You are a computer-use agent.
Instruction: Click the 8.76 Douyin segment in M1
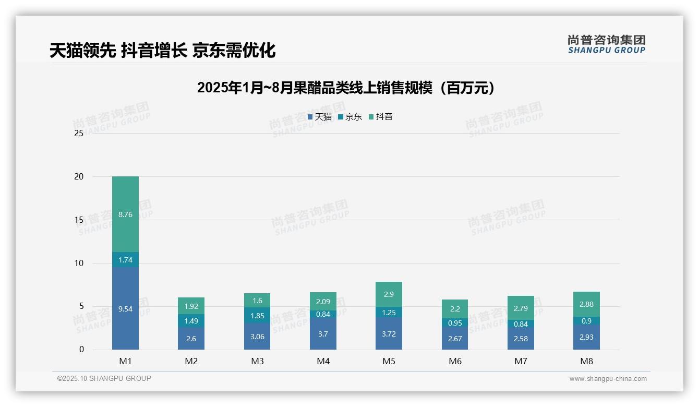coord(125,214)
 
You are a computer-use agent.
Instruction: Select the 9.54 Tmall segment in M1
coord(125,308)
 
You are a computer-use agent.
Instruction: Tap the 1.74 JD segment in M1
coord(125,259)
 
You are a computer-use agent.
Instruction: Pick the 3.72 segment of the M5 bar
coord(389,333)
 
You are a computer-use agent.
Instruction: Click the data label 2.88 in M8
coord(586,304)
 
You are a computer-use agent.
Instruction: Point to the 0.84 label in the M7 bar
coord(521,324)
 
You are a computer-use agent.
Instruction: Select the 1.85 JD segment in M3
coord(257,315)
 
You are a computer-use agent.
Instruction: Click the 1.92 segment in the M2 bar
coord(191,306)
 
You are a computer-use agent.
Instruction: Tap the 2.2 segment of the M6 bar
coord(455,308)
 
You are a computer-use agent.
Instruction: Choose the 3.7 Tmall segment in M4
coord(323,333)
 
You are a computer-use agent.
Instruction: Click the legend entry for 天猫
coord(320,117)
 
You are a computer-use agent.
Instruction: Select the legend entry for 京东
coord(350,117)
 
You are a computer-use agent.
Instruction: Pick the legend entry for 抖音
coord(381,117)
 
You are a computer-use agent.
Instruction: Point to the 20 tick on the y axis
coord(78,176)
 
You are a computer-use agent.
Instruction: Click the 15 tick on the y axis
coord(78,220)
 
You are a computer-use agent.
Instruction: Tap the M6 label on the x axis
coord(455,361)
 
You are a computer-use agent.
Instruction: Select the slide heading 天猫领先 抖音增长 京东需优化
coord(162,50)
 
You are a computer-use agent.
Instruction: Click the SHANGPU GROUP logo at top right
coord(606,44)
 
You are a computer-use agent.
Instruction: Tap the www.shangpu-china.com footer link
coord(608,379)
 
